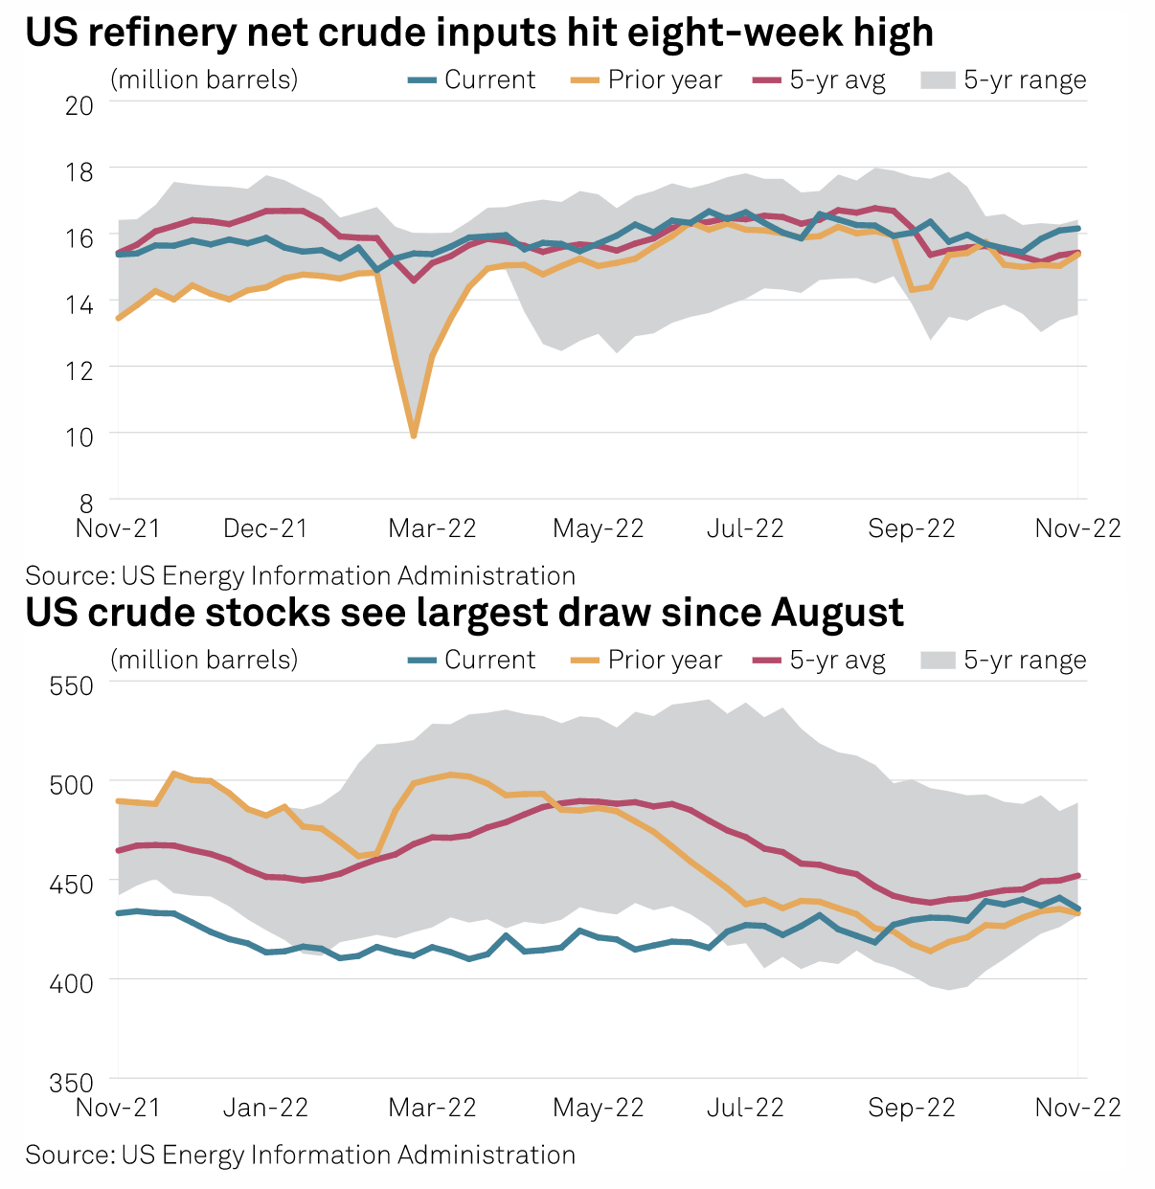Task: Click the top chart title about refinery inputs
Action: (x=479, y=33)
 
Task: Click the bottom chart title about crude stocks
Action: (x=464, y=613)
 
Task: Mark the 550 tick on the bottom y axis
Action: (x=72, y=685)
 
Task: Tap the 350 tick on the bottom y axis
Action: (x=72, y=1082)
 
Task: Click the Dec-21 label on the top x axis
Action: (x=265, y=528)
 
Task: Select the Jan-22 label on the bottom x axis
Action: (x=265, y=1108)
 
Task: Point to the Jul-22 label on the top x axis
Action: (x=745, y=528)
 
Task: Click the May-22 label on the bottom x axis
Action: (x=599, y=1108)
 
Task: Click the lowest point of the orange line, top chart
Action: (x=414, y=436)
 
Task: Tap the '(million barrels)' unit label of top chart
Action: (x=204, y=79)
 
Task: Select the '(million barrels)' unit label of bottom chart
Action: (x=204, y=660)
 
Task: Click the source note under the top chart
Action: (x=300, y=575)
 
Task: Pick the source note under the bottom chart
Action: (x=300, y=1155)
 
